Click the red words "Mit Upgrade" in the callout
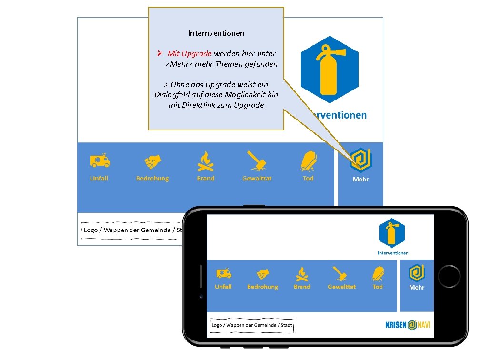point(189,54)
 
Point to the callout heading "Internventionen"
point(216,33)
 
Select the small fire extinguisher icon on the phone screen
point(392,234)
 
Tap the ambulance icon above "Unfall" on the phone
point(224,273)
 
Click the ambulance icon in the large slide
point(100,161)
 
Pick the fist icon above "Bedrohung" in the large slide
point(153,161)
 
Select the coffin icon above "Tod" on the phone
point(378,273)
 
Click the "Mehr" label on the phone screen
point(417,287)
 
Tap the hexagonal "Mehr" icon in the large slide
point(360,160)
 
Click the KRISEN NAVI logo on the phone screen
point(407,325)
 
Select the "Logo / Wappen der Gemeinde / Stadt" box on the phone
point(252,326)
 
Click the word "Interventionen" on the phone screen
point(393,253)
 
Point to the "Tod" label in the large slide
point(308,179)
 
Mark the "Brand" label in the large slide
point(206,179)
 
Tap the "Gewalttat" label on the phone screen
point(341,287)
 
